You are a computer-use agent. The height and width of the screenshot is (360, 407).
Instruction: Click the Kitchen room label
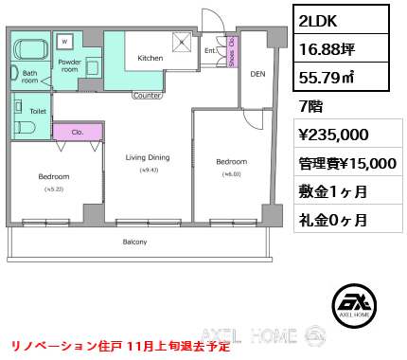pyautogui.click(x=150, y=58)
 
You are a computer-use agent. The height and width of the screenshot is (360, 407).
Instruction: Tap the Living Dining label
pyautogui.click(x=148, y=158)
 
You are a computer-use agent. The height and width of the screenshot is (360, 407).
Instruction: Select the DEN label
pyautogui.click(x=257, y=73)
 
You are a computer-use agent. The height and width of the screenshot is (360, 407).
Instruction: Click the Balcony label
pyautogui.click(x=134, y=242)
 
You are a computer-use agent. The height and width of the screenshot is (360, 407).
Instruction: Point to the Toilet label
pyautogui.click(x=38, y=111)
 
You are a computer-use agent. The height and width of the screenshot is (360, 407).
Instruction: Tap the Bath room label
pyautogui.click(x=30, y=76)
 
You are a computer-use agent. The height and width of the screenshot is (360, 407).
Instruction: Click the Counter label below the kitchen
pyautogui.click(x=147, y=95)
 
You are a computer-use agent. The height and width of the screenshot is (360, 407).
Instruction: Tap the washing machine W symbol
pyautogui.click(x=64, y=41)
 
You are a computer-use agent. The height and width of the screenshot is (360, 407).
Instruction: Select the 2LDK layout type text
pyautogui.click(x=319, y=20)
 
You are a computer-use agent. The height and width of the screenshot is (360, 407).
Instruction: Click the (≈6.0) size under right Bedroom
pyautogui.click(x=230, y=173)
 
